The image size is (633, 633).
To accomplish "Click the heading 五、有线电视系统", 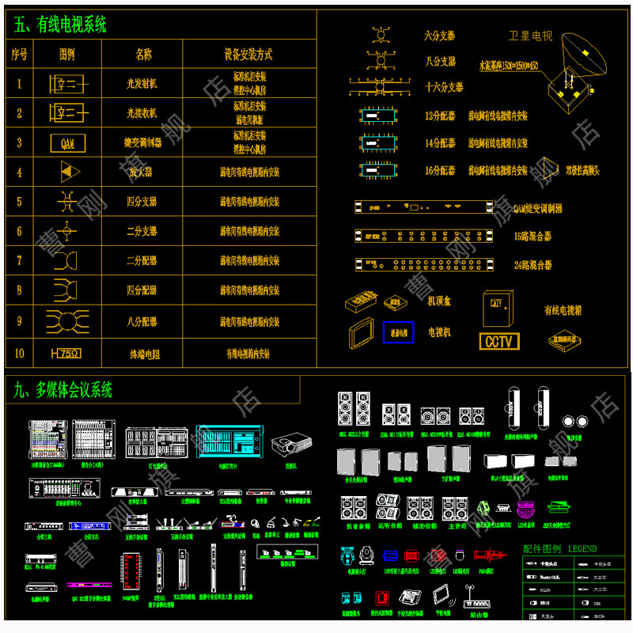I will pos(60,25).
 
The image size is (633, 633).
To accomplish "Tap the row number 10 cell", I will pos(20,353).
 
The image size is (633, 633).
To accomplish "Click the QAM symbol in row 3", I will pos(67,143).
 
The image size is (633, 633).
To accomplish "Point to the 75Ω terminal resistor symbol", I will pos(68,353).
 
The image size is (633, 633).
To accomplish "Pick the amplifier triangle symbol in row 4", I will pos(70,172).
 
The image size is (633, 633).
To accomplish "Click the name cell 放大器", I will pos(142,172).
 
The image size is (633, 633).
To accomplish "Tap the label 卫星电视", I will pos(530,36).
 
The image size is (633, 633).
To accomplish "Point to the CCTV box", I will pos(499,341).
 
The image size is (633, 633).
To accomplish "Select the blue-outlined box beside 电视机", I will pos(398,332).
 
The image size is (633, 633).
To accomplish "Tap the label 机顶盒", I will pos(439,301).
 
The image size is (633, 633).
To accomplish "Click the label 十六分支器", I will pos(444,87).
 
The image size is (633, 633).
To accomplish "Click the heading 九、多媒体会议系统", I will pos(63,389).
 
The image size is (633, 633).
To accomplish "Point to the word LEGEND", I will pos(582,548).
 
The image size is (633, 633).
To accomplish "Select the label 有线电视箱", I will pos(563,310).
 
